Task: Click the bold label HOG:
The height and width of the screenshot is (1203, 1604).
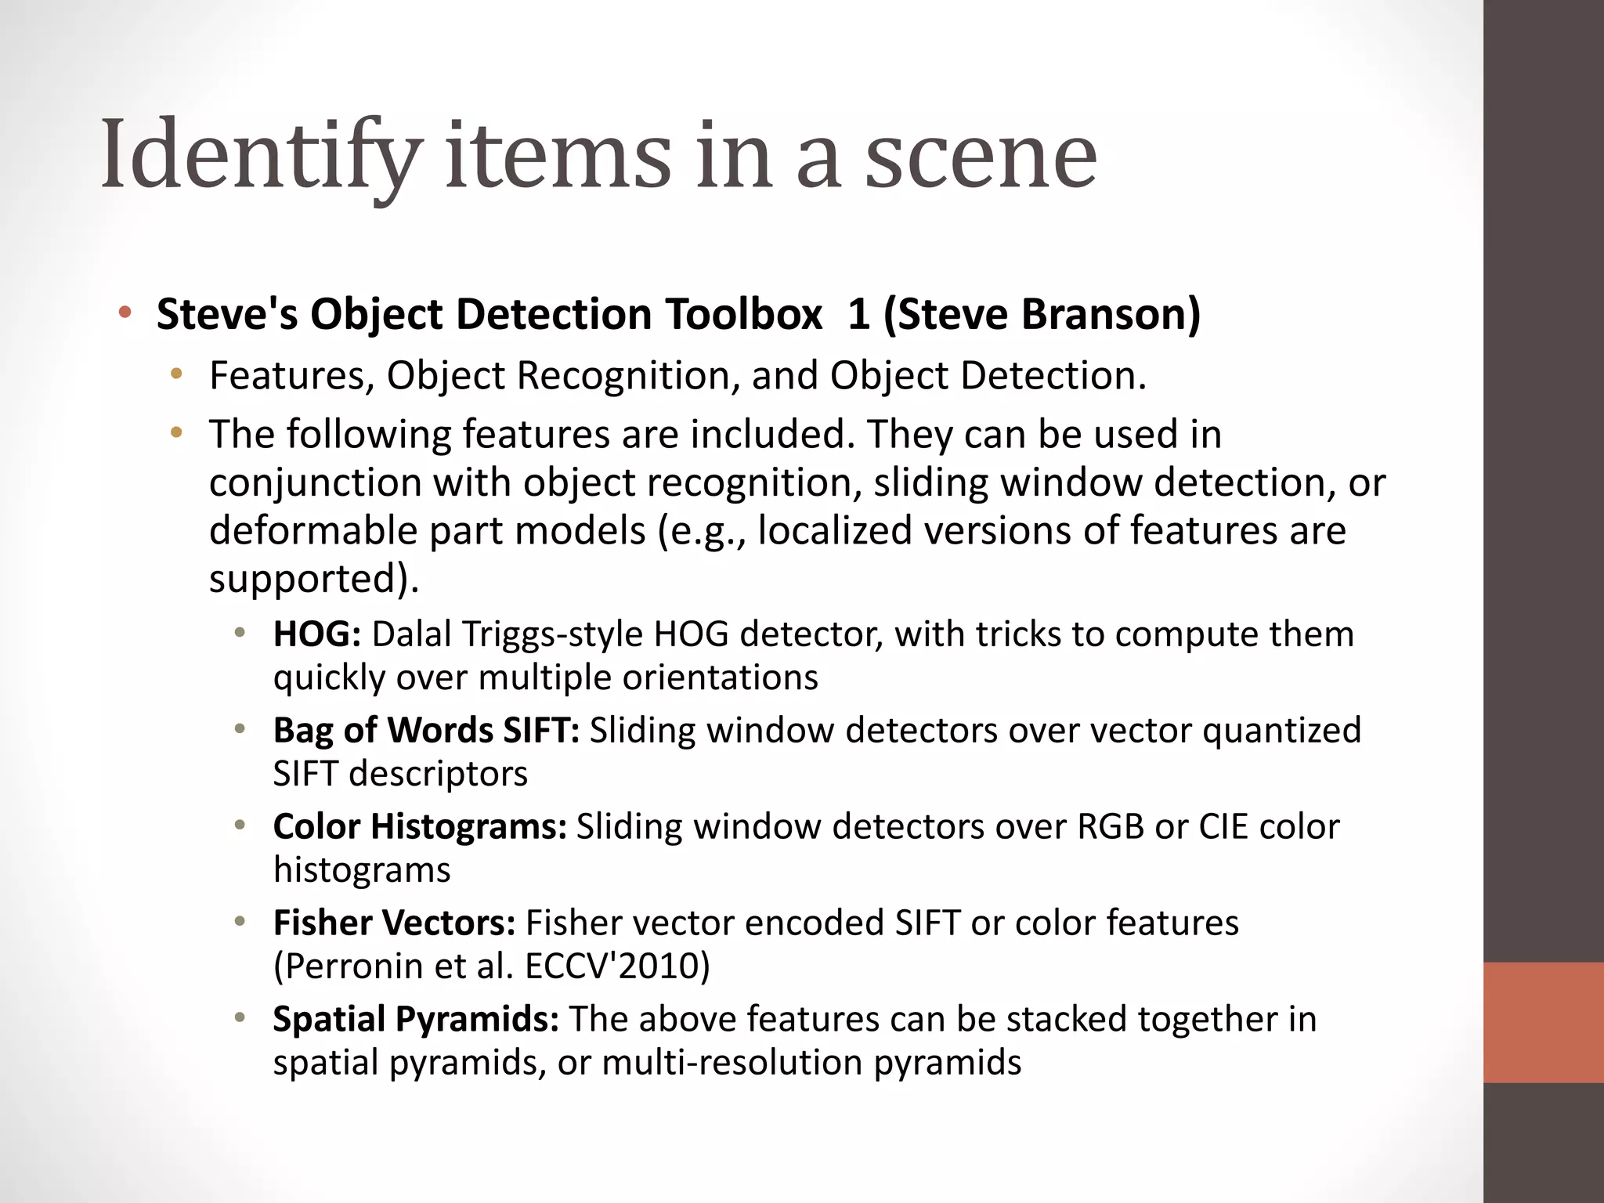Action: point(316,634)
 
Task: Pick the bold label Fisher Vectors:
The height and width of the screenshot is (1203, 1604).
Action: point(394,923)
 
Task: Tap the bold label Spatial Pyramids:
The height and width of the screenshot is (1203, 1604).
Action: point(416,1019)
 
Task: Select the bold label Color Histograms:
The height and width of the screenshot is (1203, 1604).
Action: point(420,826)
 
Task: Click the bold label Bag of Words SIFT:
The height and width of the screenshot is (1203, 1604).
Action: point(426,730)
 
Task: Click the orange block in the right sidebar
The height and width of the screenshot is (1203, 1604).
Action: point(1544,1022)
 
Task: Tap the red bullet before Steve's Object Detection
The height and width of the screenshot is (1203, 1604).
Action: point(125,314)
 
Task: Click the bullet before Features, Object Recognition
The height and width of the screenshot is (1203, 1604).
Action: point(177,374)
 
